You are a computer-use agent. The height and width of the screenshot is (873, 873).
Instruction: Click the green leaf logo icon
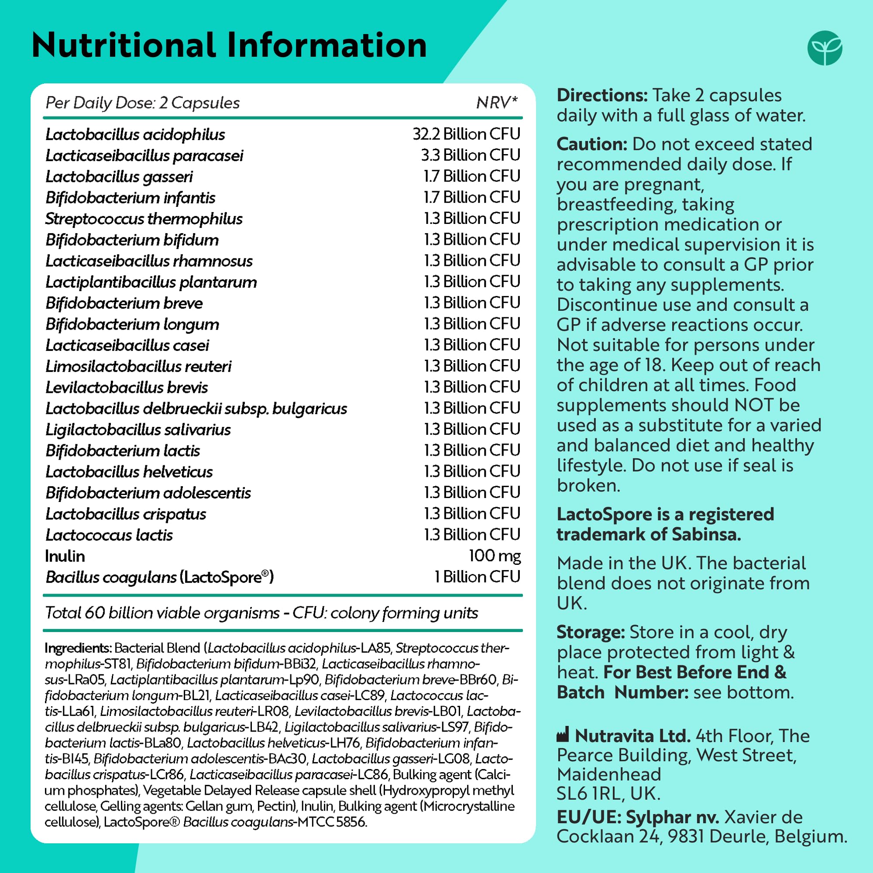tap(825, 48)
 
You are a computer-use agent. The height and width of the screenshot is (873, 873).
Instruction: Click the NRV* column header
tap(497, 103)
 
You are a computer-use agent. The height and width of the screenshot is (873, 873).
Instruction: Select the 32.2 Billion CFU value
tap(466, 134)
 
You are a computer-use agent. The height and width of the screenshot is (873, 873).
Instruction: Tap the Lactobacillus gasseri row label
tap(119, 177)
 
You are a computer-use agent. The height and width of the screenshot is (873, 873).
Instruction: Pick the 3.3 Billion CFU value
tap(471, 155)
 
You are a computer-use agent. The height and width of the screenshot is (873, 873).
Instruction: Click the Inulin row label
tap(65, 556)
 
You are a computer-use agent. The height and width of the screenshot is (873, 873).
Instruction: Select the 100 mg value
tap(495, 556)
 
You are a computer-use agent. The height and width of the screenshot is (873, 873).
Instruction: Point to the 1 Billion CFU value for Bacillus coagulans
tap(477, 577)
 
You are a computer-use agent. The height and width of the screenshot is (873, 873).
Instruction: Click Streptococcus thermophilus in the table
tap(144, 219)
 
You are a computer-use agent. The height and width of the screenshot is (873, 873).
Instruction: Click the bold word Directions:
tap(602, 95)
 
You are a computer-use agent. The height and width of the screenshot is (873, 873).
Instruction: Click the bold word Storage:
tap(590, 632)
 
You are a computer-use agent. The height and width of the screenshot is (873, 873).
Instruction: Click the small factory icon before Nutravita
tap(563, 735)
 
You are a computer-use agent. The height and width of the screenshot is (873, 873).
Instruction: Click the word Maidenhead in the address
tap(608, 774)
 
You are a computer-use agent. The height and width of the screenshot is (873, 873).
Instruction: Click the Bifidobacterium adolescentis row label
tap(148, 493)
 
